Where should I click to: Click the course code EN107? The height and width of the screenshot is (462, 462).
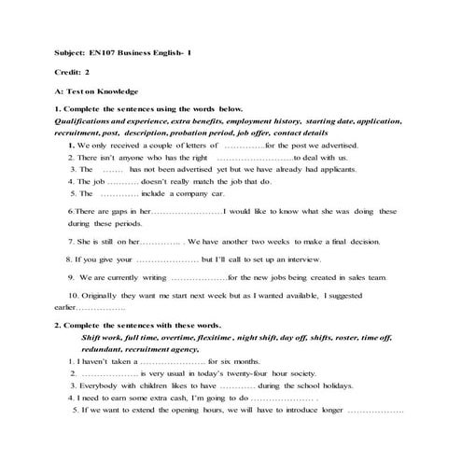105,53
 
